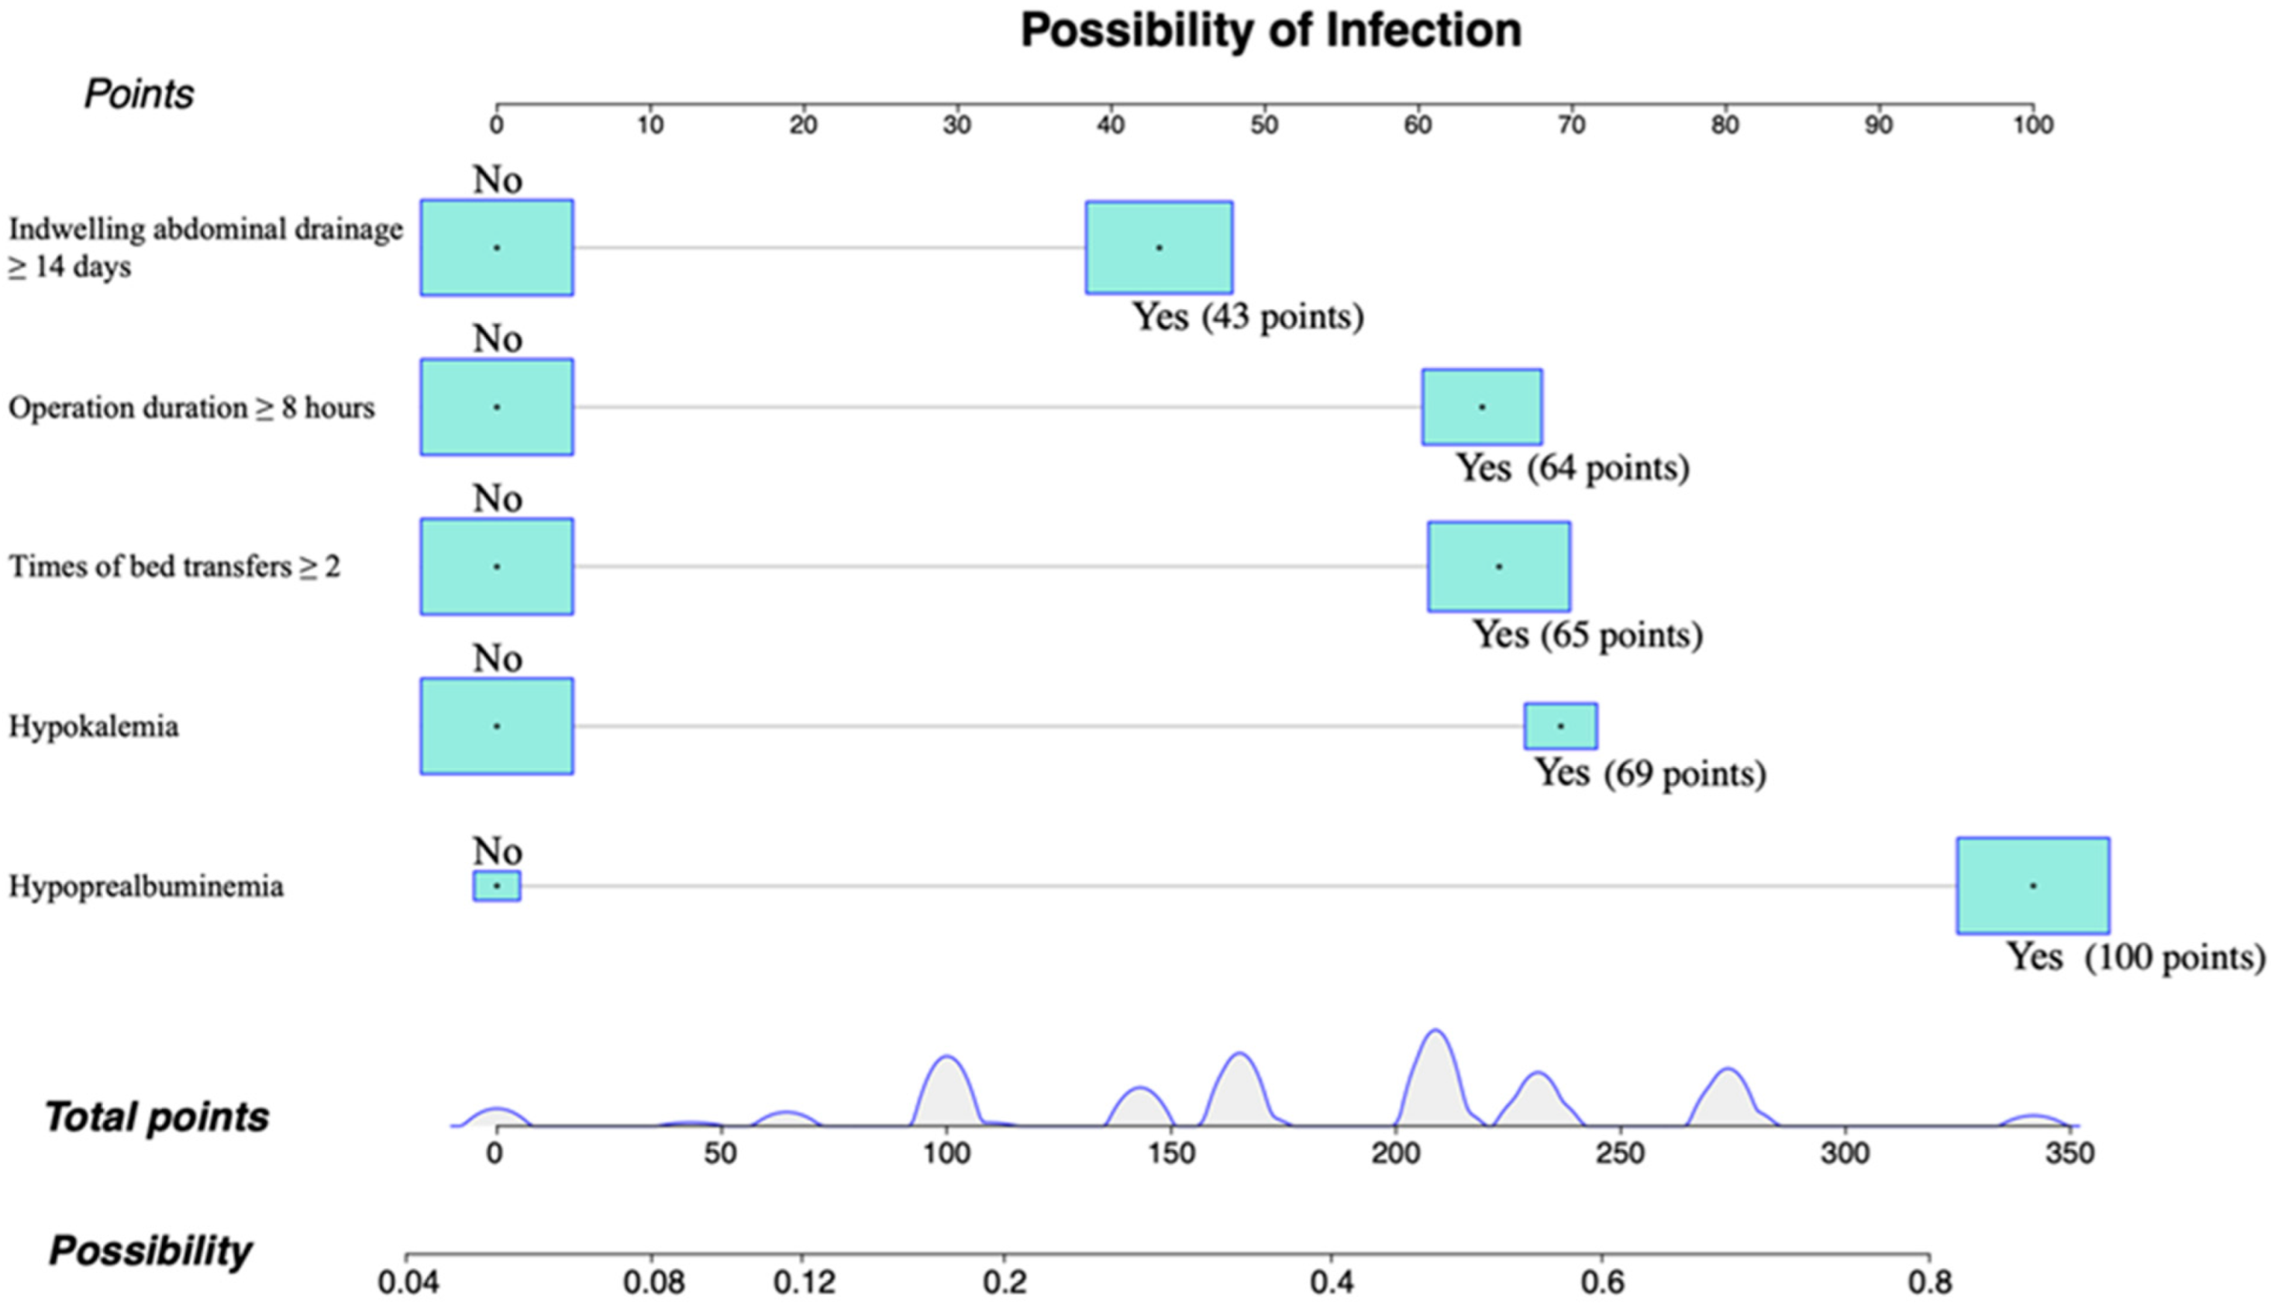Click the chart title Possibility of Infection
tap(1270, 31)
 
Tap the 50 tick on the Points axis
tap(1263, 123)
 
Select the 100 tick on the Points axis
tap(2032, 123)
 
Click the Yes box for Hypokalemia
tap(1561, 726)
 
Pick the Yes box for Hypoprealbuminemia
tap(2032, 886)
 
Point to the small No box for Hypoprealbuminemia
tap(497, 886)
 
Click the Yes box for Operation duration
tap(1481, 408)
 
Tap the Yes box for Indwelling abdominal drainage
tap(1159, 248)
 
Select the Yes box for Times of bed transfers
tap(1499, 566)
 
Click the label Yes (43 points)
tap(1247, 317)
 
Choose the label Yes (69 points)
tap(1650, 773)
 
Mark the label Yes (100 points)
tap(2135, 957)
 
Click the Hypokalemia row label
tap(94, 727)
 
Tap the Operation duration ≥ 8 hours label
tap(191, 408)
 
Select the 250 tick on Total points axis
tap(1621, 1152)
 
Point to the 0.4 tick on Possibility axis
tap(1331, 1280)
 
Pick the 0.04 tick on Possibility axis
tap(408, 1280)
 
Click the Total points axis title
tap(157, 1117)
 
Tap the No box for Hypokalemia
tap(497, 726)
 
